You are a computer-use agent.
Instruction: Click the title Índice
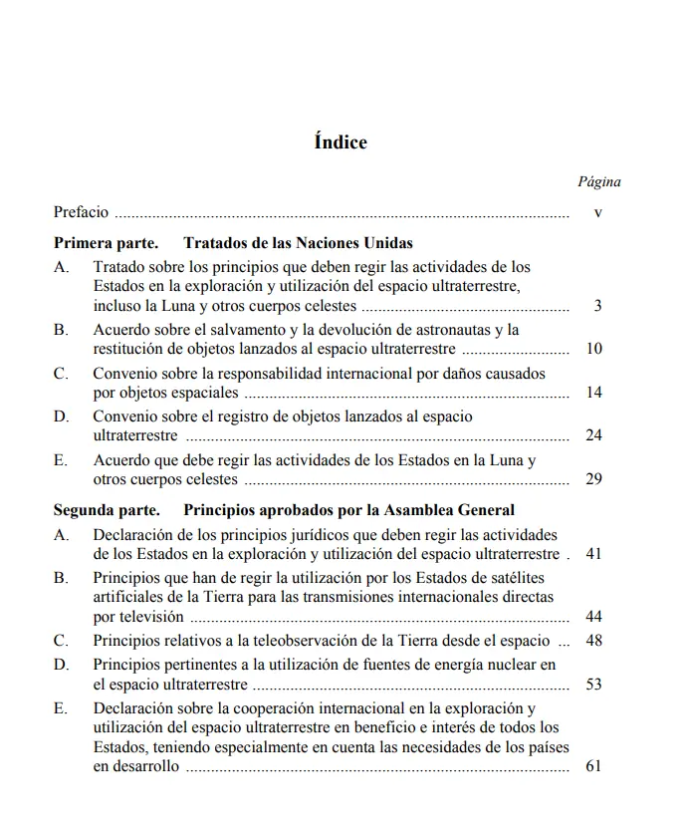click(341, 142)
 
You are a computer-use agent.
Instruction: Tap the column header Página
click(599, 182)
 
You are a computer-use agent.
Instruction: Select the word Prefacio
click(82, 212)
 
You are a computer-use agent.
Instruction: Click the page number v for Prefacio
click(597, 213)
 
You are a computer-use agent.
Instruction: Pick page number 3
click(597, 306)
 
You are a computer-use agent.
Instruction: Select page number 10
click(594, 349)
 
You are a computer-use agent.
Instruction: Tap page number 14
click(594, 393)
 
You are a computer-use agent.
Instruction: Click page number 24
click(594, 435)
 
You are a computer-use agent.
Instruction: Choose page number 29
click(594, 479)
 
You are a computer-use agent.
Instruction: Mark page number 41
click(594, 553)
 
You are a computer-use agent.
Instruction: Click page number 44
click(594, 616)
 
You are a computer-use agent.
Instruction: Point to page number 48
click(594, 641)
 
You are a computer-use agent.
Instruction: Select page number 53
click(594, 685)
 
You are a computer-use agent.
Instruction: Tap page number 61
click(594, 766)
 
